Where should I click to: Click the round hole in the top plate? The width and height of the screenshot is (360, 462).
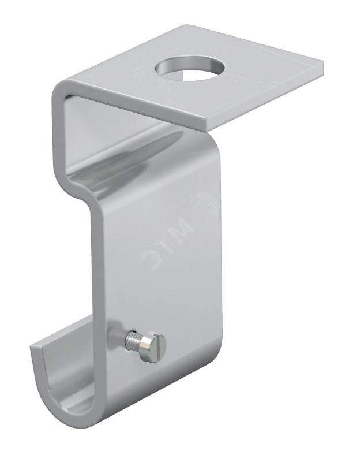click(190, 69)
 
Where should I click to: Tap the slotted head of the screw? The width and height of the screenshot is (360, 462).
click(152, 347)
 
